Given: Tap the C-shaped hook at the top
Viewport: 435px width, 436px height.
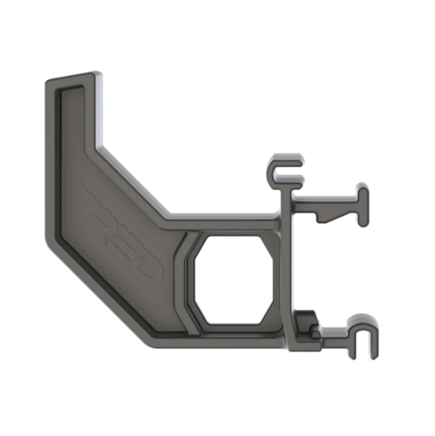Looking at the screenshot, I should [x=286, y=171].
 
